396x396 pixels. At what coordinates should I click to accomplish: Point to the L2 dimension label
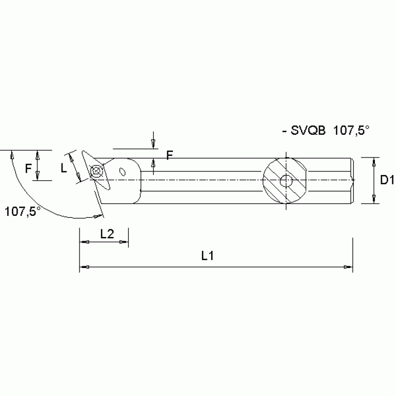tap(107, 233)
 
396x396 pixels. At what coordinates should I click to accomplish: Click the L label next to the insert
tap(64, 168)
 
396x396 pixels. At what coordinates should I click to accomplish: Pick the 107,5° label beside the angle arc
tap(22, 211)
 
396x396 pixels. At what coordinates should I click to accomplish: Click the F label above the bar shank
tap(169, 155)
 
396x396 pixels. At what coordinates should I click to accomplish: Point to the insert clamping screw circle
tap(96, 172)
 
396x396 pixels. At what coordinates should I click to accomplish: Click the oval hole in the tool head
tap(123, 172)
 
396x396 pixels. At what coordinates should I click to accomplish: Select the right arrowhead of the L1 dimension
tap(346, 267)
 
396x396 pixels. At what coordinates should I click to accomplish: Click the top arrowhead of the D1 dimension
tap(373, 162)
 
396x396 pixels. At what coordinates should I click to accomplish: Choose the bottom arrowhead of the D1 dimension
tap(373, 198)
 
